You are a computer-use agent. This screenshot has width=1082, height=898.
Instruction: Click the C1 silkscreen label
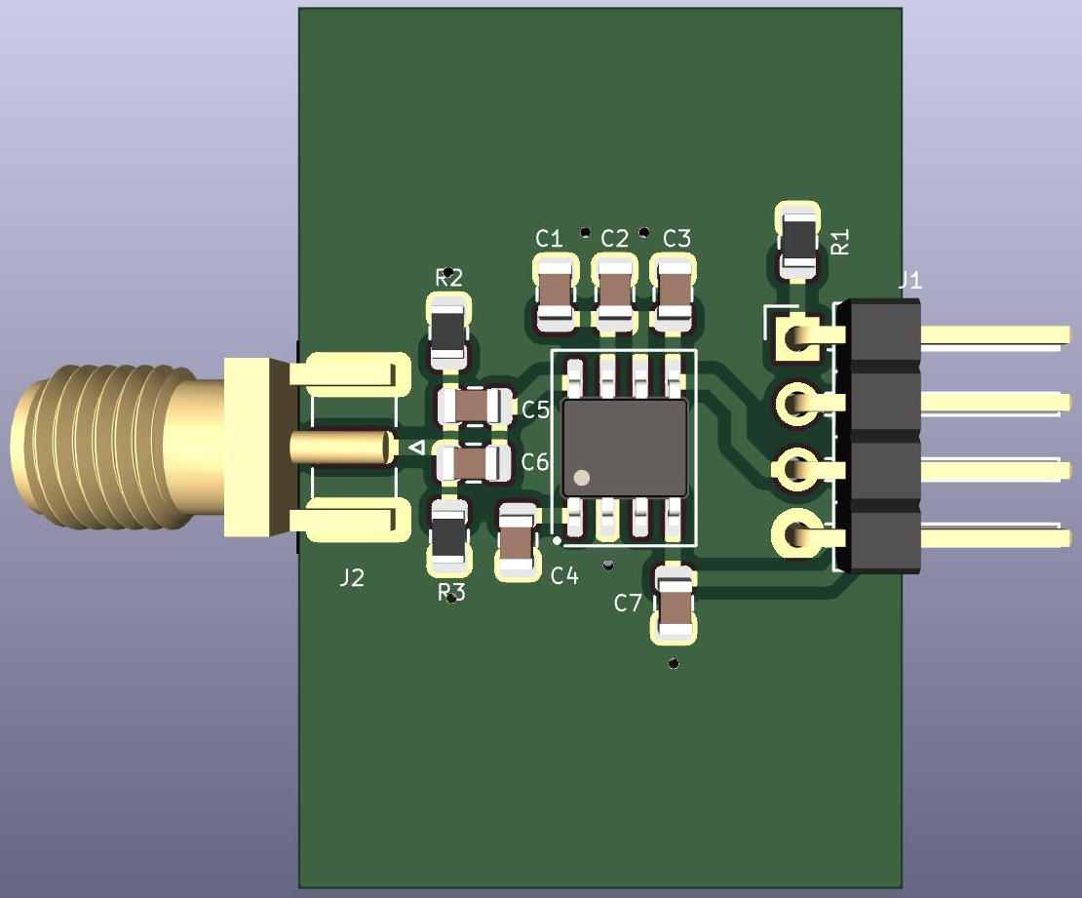pos(549,239)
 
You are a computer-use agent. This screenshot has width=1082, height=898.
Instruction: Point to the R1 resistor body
pos(798,243)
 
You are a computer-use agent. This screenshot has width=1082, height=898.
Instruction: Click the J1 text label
pos(910,280)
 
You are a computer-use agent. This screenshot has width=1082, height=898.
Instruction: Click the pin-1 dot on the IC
pos(582,478)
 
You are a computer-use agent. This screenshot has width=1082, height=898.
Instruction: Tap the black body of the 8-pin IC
pos(625,448)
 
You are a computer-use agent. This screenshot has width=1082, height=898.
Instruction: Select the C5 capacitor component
pos(476,406)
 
